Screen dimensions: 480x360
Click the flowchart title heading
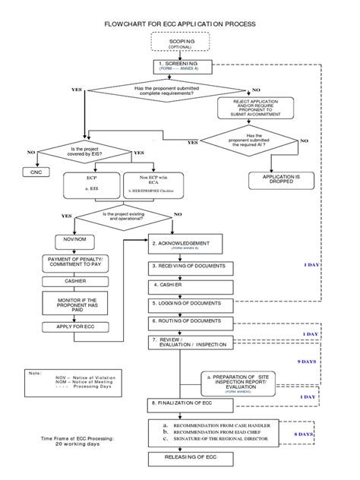[x=179, y=24]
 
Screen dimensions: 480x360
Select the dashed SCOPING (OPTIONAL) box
[x=179, y=43]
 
